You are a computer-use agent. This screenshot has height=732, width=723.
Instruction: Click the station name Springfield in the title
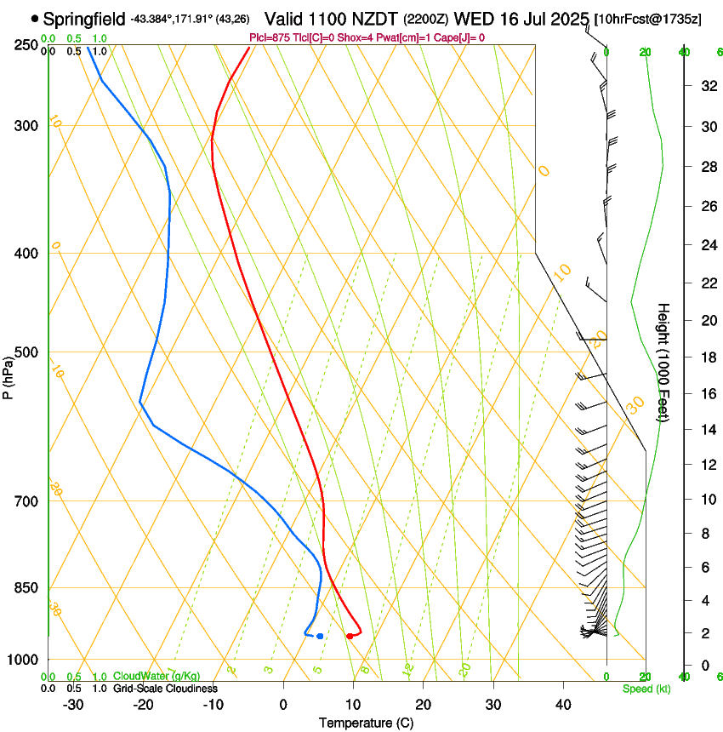84,18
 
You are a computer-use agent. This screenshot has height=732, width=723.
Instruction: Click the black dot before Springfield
35,18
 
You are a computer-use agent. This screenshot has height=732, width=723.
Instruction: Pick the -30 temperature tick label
73,704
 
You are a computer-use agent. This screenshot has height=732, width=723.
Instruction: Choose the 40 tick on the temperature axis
562,704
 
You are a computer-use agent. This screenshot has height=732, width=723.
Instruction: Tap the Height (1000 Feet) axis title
663,363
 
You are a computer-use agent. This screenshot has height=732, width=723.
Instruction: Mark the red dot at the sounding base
350,636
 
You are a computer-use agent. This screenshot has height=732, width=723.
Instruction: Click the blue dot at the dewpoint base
320,636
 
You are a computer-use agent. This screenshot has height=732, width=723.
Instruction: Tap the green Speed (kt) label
646,688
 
